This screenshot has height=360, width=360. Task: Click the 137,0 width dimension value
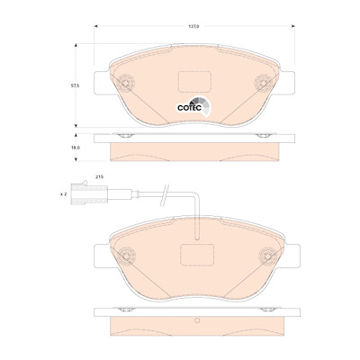[x=193, y=26]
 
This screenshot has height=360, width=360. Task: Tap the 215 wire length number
[x=99, y=177]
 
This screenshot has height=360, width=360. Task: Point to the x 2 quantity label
[x=63, y=194]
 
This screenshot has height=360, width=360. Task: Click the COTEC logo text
[x=189, y=108]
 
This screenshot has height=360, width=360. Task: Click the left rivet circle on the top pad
[x=126, y=83]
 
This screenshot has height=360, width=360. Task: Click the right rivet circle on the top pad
[x=263, y=83]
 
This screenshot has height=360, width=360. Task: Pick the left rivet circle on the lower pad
[x=126, y=256]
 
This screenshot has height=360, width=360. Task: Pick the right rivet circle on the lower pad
[x=268, y=256]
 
